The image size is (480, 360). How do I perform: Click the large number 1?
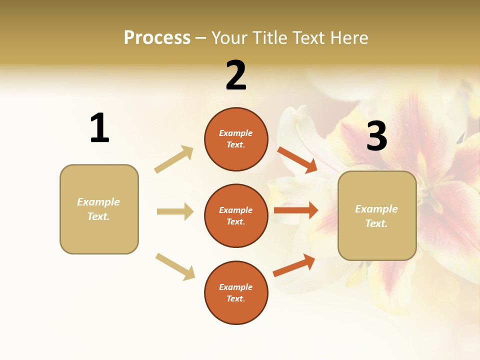coord(99,128)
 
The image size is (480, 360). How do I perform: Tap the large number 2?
coord(236,75)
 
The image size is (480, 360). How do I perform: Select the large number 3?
coord(376,136)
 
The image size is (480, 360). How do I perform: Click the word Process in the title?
coord(157,37)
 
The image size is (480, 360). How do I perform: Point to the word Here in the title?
coord(348,37)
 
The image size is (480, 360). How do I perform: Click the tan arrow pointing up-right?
coord(174,159)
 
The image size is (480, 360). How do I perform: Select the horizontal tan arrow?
coord(175,211)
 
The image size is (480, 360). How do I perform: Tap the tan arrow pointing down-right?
coord(175,266)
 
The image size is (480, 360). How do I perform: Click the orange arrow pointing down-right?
coord(297,160)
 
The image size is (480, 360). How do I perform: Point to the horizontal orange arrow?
coord(296,210)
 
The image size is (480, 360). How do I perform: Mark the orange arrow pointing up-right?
coord(294,265)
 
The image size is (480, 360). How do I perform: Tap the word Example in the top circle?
coord(235,133)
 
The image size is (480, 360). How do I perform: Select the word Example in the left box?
coord(98,202)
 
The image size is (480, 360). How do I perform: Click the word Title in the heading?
coord(270,37)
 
